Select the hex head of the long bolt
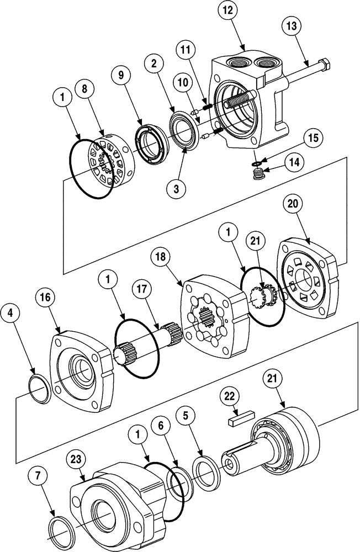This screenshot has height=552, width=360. (x=324, y=66)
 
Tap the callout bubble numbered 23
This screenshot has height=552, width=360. (x=77, y=459)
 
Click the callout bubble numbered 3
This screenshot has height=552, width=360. (x=176, y=189)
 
